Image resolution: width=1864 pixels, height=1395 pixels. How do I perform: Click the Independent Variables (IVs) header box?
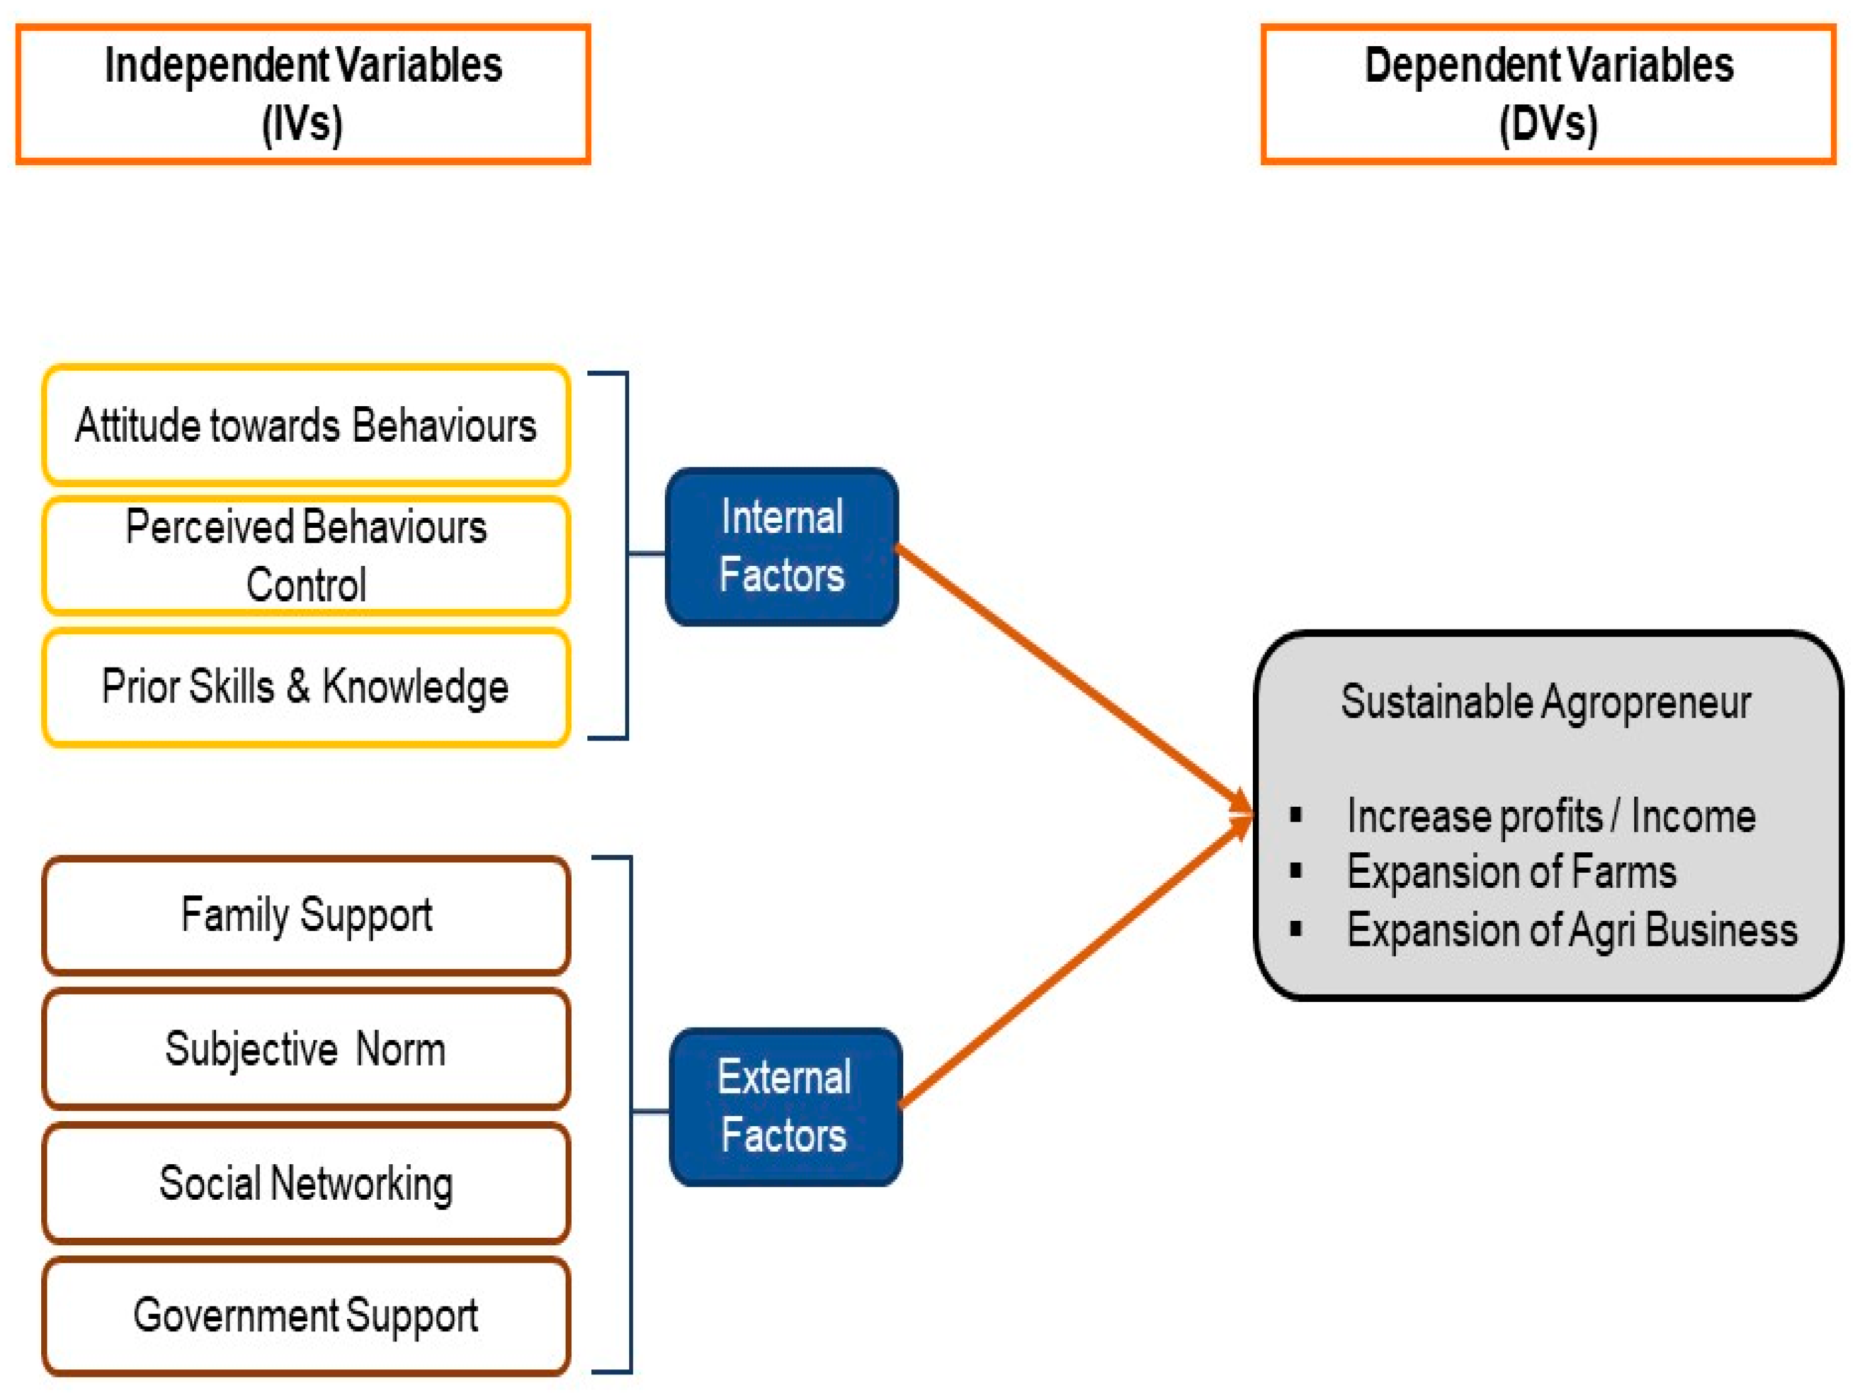[303, 94]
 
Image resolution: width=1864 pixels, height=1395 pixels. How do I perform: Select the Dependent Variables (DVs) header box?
[1548, 94]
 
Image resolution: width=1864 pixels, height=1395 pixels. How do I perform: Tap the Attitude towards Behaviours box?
[306, 425]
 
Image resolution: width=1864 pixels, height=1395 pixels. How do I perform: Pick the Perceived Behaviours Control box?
[306, 555]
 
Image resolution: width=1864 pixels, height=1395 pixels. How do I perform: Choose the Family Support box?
[306, 915]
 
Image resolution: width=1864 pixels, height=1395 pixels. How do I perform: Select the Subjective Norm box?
[306, 1049]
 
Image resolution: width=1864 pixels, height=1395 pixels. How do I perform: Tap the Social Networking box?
[306, 1183]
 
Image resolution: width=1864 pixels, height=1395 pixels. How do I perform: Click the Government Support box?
[306, 1316]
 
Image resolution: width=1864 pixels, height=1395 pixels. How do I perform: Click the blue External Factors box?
[785, 1106]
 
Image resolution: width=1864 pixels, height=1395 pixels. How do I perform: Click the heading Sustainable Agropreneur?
[1546, 702]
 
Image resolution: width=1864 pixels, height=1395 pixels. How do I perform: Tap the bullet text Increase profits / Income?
[1551, 816]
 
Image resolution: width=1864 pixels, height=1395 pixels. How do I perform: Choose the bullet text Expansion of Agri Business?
[1572, 930]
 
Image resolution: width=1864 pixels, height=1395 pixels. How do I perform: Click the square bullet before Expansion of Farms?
[1296, 871]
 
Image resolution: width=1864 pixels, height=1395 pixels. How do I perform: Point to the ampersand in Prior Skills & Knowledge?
[298, 686]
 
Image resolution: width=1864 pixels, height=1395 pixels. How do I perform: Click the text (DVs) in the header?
[1548, 124]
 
